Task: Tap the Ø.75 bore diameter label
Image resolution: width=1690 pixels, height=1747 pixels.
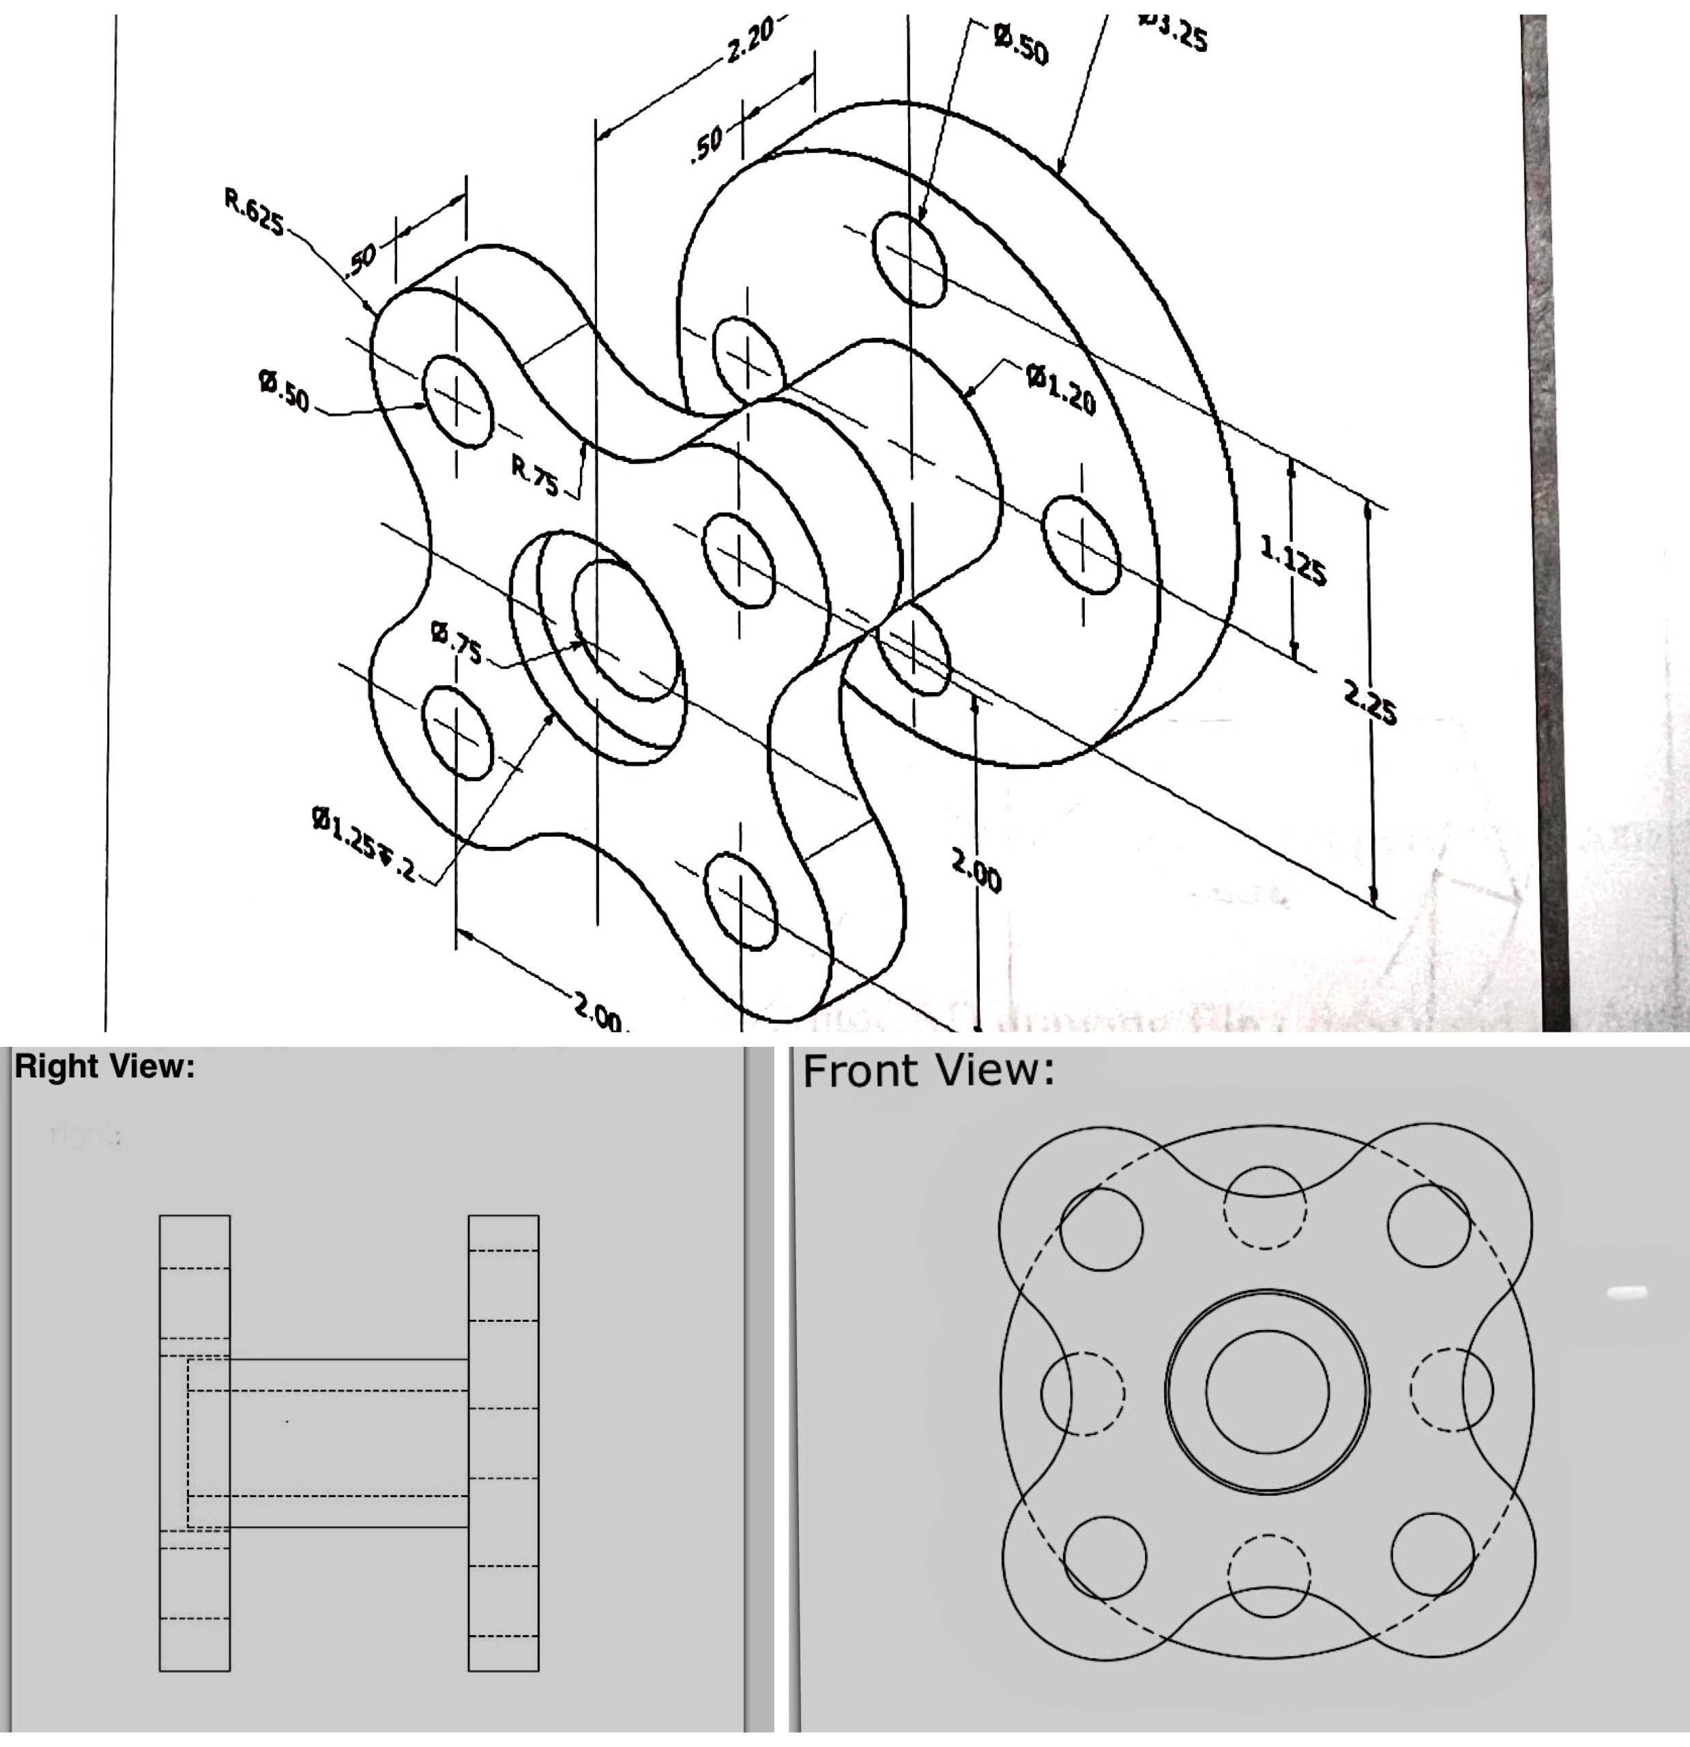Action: (x=456, y=641)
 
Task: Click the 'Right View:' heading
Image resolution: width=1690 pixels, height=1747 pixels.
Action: (x=104, y=1067)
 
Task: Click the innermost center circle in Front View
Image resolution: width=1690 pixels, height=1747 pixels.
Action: (x=1266, y=1391)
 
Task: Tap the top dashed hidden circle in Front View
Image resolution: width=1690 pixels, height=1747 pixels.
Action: (x=1265, y=1208)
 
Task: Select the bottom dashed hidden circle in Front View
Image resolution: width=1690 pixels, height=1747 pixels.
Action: (x=1268, y=1575)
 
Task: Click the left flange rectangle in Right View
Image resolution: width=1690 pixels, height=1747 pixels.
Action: (x=194, y=1444)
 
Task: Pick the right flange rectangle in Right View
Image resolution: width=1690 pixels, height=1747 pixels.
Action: (x=504, y=1444)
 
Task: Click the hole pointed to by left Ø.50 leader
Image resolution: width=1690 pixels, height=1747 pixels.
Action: (x=457, y=401)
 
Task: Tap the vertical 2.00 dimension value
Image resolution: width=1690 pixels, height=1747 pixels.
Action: (x=976, y=871)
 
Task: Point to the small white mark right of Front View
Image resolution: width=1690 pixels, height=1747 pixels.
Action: (x=1627, y=1292)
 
